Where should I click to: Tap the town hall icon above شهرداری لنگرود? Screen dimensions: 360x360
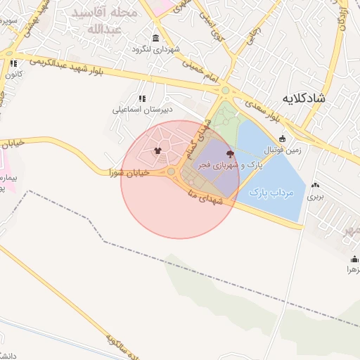[155, 38]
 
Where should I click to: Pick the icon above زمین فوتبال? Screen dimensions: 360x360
[282, 139]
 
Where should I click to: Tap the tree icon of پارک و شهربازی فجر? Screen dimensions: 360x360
[229, 153]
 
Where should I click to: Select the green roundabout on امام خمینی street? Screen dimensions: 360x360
[225, 90]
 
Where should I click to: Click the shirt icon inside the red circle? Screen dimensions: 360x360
[157, 150]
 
